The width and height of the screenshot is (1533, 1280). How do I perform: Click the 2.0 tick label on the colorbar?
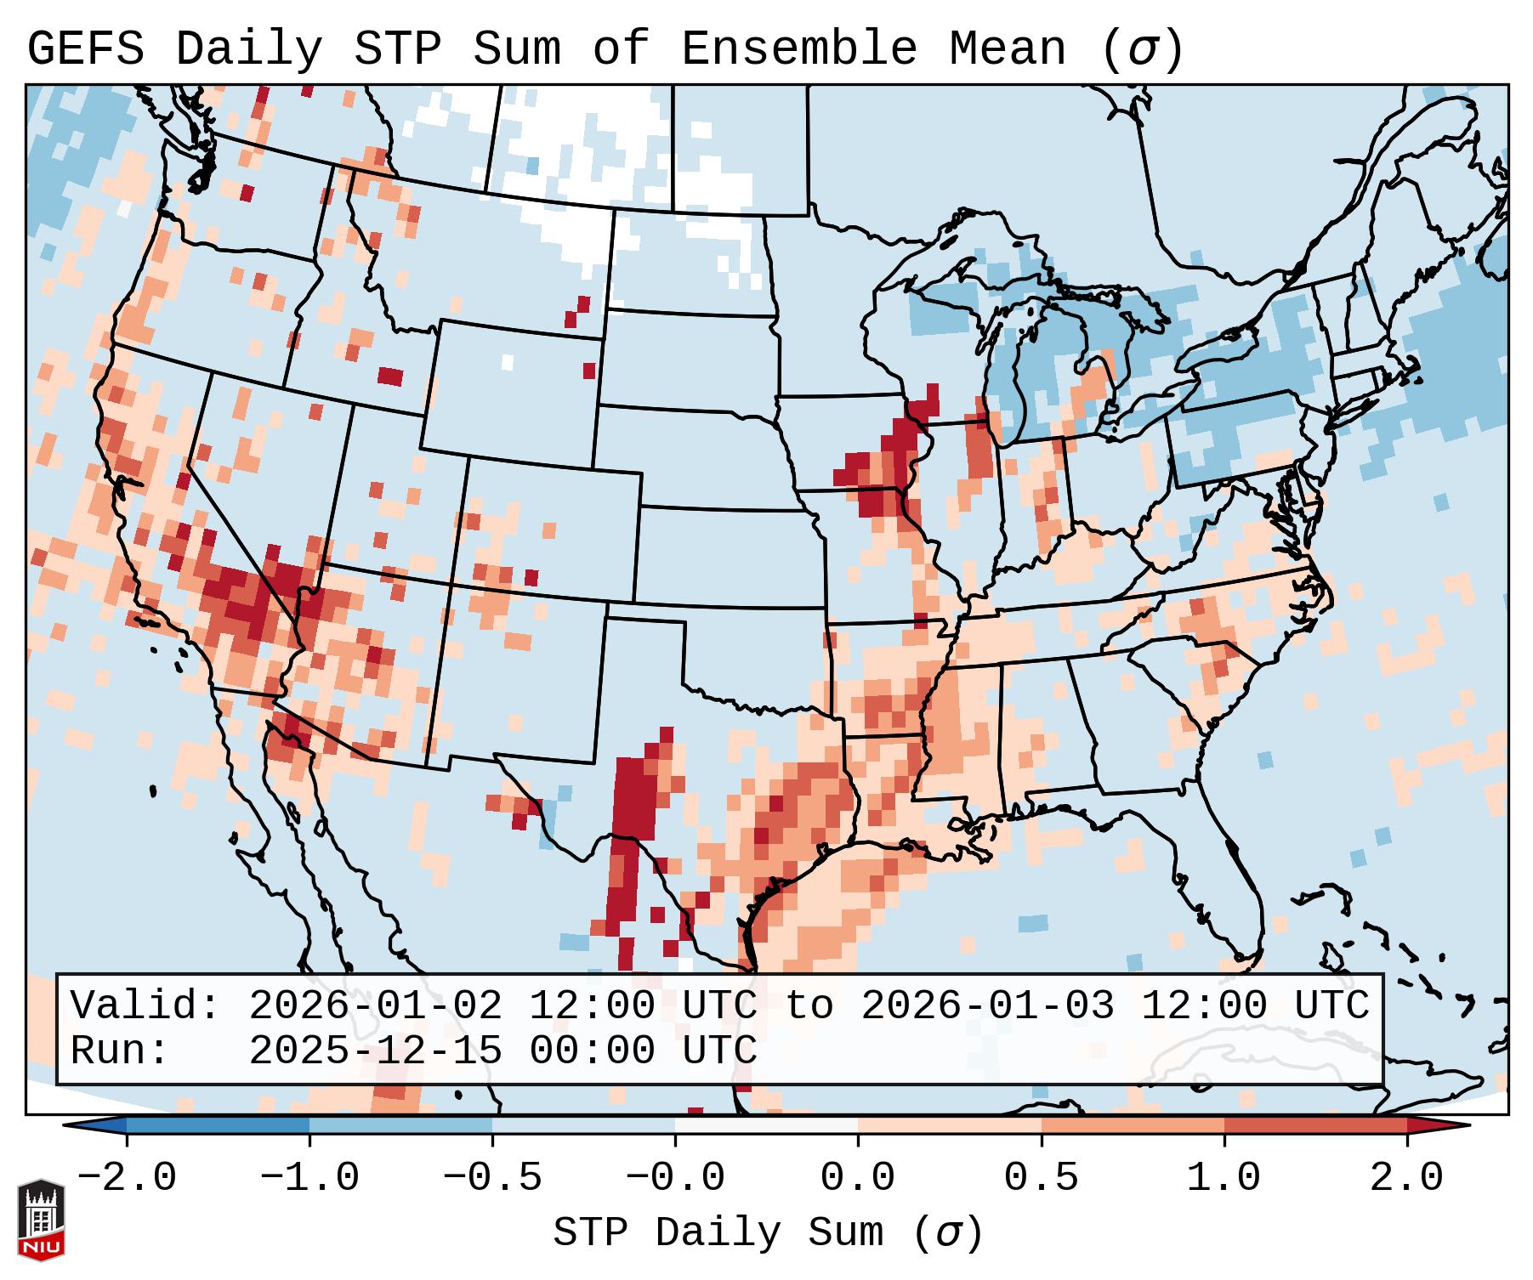pyautogui.click(x=1406, y=1178)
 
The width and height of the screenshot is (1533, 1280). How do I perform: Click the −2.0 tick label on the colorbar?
pyautogui.click(x=127, y=1178)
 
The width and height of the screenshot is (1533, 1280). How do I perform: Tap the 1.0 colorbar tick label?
pyautogui.click(x=1224, y=1178)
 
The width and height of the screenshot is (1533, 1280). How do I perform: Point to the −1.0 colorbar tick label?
pyautogui.click(x=309, y=1178)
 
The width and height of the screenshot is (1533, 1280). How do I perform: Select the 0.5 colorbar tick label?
pyautogui.click(x=1041, y=1178)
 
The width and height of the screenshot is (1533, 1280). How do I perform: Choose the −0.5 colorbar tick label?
pyautogui.click(x=492, y=1178)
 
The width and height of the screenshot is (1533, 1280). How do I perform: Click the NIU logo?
pyautogui.click(x=41, y=1219)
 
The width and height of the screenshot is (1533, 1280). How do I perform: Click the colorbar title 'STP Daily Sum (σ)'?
pyautogui.click(x=768, y=1232)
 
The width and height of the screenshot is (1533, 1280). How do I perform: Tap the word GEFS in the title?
pyautogui.click(x=85, y=49)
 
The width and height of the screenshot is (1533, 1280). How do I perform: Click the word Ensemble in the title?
pyautogui.click(x=798, y=49)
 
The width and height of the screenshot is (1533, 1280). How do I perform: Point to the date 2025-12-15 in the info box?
pyautogui.click(x=375, y=1051)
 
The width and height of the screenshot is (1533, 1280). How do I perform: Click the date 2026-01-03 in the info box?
pyautogui.click(x=987, y=1005)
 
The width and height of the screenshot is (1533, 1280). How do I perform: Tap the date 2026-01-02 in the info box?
pyautogui.click(x=375, y=1005)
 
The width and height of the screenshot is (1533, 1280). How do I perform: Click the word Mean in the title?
pyautogui.click(x=1007, y=49)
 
